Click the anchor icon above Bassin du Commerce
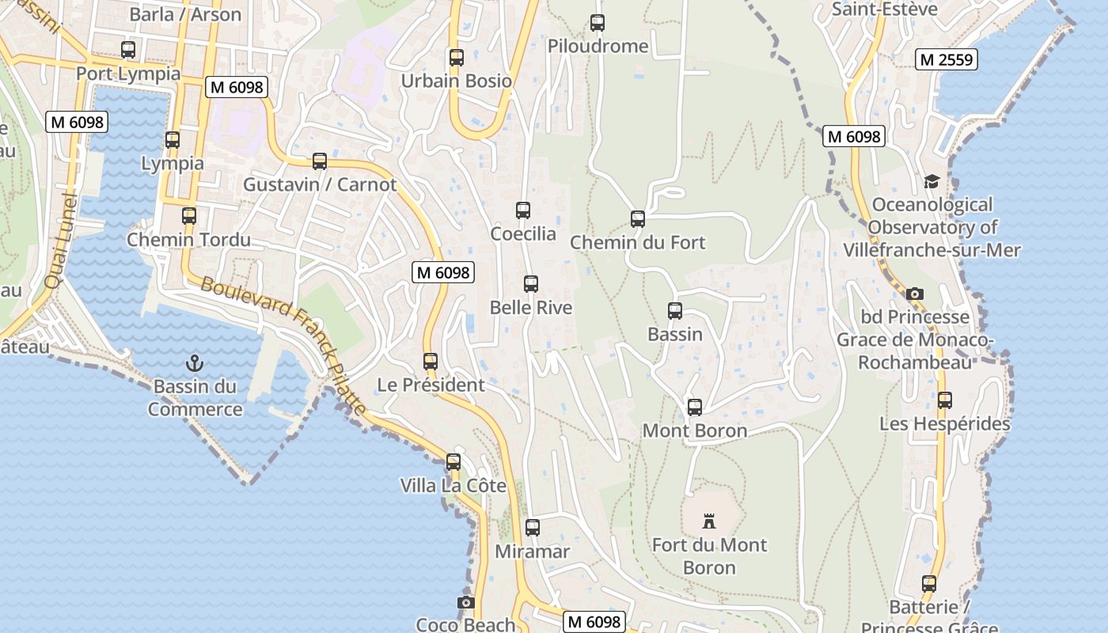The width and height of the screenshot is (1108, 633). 194,363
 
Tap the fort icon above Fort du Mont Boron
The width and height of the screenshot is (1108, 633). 709,521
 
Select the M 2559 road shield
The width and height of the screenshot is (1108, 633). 947,59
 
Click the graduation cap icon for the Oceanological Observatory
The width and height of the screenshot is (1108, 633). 932,182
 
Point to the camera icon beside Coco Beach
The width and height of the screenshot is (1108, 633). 465,603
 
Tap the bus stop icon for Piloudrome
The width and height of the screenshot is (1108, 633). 598,23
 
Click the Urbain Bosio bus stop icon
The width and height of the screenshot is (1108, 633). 456,57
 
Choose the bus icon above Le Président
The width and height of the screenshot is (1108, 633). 431,362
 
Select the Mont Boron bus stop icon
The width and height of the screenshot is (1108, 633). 694,407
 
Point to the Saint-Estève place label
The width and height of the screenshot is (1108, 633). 885,9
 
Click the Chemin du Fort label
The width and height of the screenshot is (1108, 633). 638,242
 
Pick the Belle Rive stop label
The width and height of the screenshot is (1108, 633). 530,307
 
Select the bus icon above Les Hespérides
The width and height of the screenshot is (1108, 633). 944,400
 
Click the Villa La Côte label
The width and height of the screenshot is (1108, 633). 453,485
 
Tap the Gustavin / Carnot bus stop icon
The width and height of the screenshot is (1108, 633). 320,161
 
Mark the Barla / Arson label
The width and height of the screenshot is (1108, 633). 185,14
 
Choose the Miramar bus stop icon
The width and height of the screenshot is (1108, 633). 533,528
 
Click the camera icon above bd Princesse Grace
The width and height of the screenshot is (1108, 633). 915,294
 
